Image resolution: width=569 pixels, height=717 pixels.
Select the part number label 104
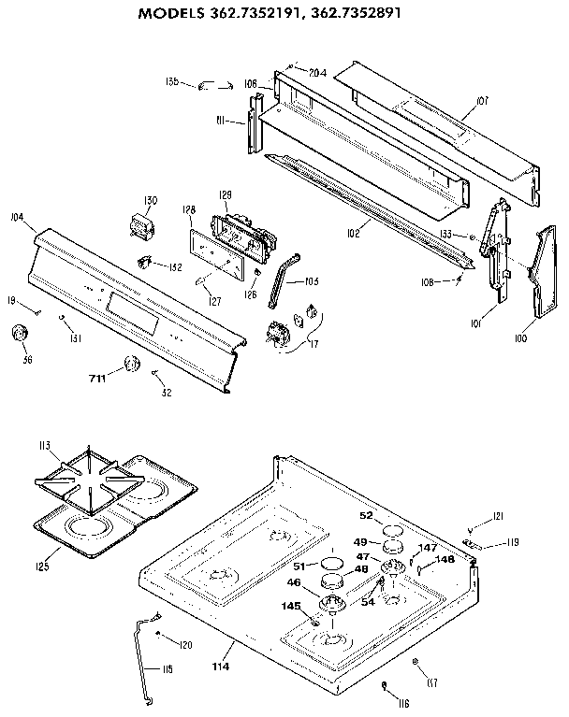point(16,216)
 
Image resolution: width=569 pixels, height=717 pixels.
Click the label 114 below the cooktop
point(221,666)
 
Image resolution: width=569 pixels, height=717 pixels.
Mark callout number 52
point(366,515)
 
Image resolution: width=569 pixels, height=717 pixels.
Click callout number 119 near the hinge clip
point(513,541)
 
